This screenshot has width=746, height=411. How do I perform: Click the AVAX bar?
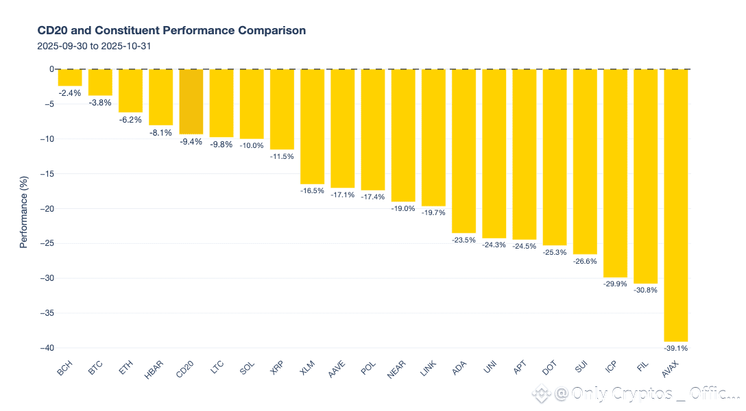(675, 206)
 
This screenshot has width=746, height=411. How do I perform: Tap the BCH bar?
(70, 77)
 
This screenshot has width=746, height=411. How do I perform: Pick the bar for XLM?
(312, 127)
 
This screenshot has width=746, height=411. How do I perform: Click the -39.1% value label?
(675, 348)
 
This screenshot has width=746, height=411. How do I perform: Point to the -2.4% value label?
(70, 92)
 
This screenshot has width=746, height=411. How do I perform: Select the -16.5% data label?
(312, 190)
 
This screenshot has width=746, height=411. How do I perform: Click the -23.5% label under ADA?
(464, 240)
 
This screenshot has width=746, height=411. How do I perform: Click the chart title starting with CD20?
(171, 31)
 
